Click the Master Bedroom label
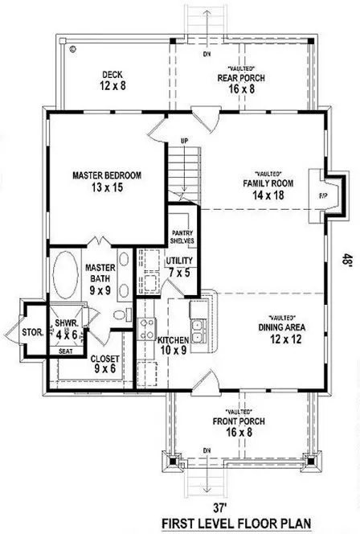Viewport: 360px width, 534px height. [x=107, y=175]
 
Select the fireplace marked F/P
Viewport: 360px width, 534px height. [x=324, y=195]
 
